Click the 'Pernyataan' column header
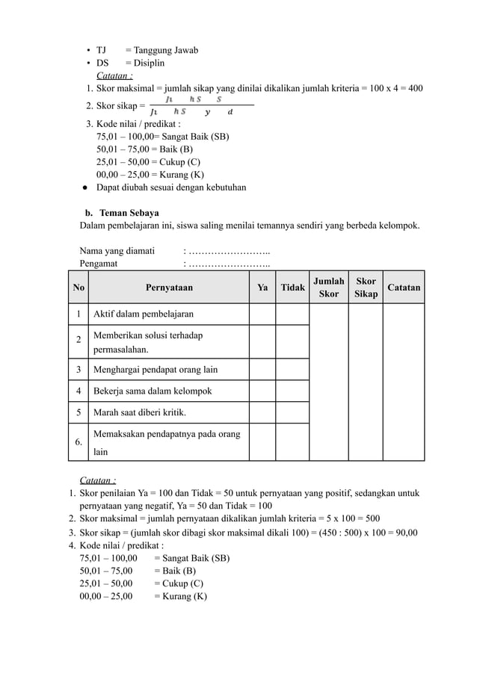tap(169, 288)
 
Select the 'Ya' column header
tap(262, 288)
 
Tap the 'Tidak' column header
tap(292, 288)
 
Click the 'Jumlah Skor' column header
tap(329, 288)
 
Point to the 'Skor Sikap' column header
tap(366, 288)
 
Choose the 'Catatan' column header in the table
tap(404, 288)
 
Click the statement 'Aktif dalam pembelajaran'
tap(143, 314)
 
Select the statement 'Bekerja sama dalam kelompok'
tap(152, 391)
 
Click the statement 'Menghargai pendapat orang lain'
tap(156, 369)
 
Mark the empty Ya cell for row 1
tap(262, 314)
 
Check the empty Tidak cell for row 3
tap(292, 369)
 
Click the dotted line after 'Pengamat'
tap(227, 263)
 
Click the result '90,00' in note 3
tap(404, 533)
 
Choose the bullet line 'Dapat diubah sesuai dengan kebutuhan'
tap(171, 187)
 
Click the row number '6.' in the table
tap(79, 441)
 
